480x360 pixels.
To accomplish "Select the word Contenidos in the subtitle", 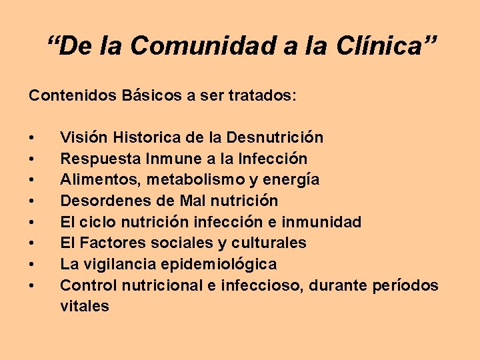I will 73,96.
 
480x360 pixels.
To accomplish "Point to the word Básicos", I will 152,96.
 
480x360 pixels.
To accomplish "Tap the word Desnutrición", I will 275,138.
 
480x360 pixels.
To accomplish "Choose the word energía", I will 290,180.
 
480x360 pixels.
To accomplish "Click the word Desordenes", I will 101,201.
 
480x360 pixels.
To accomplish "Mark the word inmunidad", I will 323,222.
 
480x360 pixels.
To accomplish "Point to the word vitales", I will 84,306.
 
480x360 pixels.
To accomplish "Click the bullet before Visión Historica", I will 32,139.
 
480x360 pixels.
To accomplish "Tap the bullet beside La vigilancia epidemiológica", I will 32,265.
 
